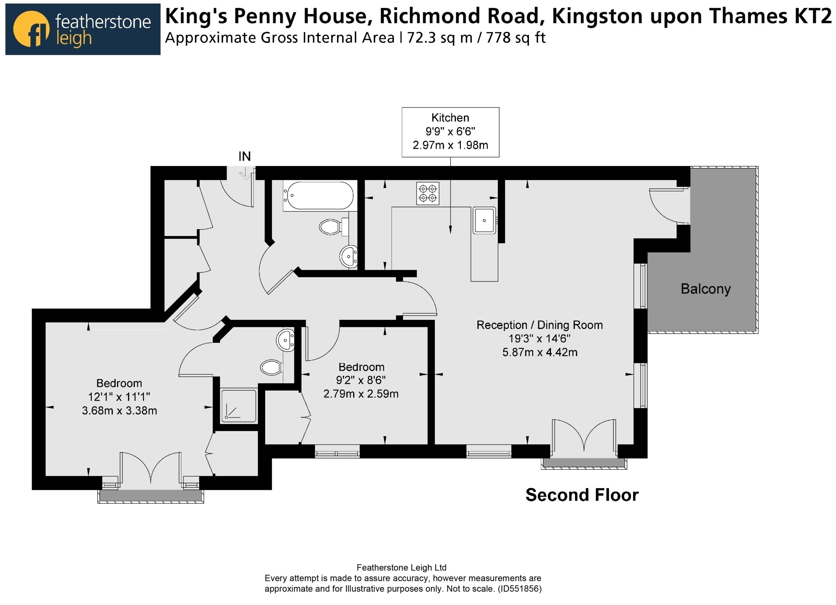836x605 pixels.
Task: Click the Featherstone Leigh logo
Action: (83, 29)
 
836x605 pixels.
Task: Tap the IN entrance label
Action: (244, 156)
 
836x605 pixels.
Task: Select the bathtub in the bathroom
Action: (320, 196)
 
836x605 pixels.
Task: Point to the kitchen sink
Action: (484, 221)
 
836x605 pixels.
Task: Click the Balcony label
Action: (705, 289)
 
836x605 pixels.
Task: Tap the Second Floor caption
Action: (582, 495)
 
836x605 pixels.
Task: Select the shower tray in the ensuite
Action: (238, 405)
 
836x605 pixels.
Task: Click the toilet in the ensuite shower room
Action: (272, 368)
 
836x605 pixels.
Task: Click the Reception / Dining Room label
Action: (539, 325)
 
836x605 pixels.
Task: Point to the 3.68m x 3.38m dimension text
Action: (120, 411)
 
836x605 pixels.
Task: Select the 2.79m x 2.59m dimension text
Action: (361, 394)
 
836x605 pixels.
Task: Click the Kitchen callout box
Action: (450, 132)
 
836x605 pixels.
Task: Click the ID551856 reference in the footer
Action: (520, 589)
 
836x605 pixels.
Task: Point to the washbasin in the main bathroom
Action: (348, 256)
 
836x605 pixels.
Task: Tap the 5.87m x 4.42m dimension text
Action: (539, 352)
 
